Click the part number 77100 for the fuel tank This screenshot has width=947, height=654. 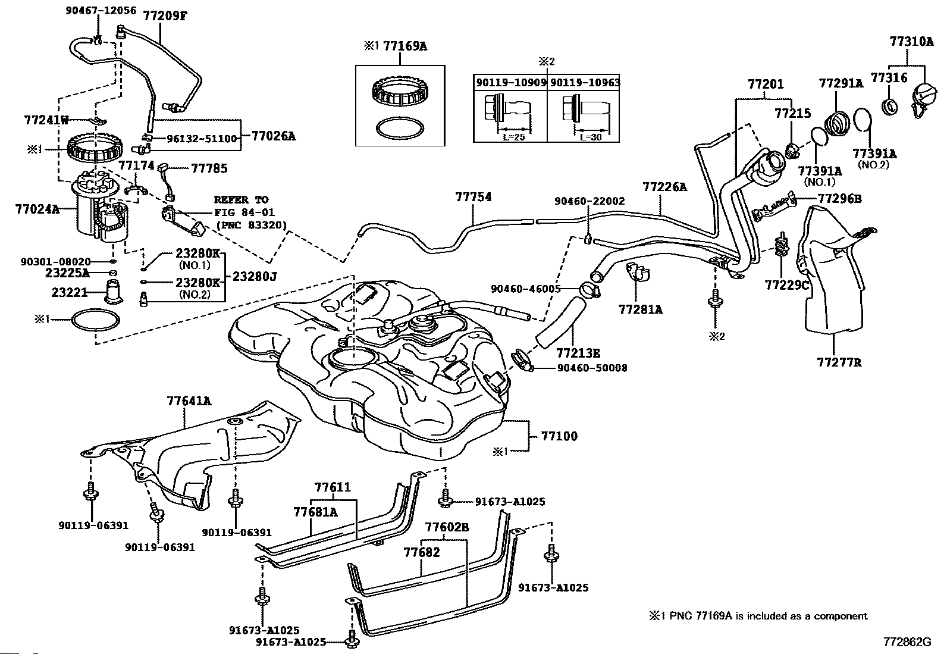point(559,436)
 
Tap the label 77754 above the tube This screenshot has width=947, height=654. point(473,197)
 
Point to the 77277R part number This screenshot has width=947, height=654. point(839,362)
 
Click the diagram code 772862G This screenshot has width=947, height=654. point(907,642)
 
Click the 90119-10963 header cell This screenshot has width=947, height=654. point(585,82)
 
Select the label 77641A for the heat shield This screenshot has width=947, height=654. point(189,401)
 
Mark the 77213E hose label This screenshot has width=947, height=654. point(578,353)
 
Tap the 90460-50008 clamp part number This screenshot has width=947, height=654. point(592,368)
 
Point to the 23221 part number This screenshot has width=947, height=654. point(70,292)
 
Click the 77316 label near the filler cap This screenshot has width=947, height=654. point(889,77)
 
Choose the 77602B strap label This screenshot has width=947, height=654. point(447,527)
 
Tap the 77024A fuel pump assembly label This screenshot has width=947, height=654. point(37,209)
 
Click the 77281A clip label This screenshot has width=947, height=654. point(640,309)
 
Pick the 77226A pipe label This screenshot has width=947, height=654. point(664,187)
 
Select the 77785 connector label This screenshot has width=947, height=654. point(209,168)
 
